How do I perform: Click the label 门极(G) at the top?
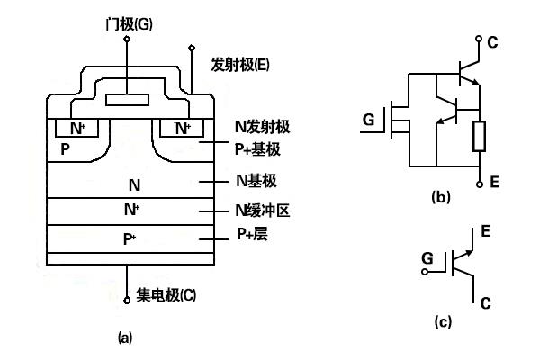129,24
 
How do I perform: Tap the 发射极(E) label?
240,65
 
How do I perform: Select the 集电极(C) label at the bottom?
166,295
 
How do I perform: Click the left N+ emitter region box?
76,128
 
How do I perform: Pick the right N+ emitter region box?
182,128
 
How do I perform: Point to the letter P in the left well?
65,149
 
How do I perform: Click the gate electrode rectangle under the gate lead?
128,100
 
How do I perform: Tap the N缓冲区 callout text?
263,211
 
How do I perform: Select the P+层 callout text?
252,234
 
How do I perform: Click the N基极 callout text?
256,181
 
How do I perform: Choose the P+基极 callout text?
257,149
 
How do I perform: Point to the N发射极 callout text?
263,126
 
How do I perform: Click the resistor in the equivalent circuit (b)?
479,136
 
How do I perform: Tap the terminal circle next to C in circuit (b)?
479,39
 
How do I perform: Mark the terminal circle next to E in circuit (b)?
480,184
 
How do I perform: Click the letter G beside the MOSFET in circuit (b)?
368,120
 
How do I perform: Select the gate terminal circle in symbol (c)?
425,272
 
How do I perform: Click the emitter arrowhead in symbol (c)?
470,253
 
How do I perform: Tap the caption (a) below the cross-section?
125,337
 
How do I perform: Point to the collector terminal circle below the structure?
127,301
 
